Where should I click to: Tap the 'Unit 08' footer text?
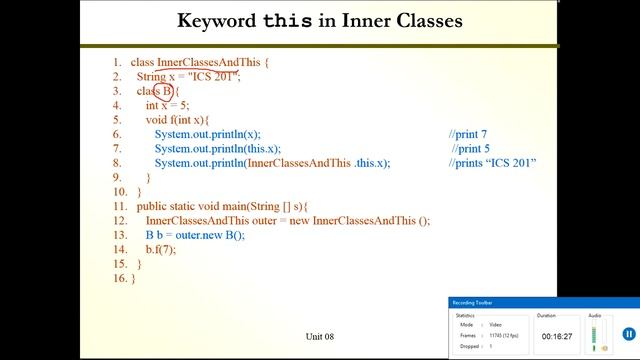[x=323, y=336]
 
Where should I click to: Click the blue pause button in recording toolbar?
[x=628, y=334]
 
